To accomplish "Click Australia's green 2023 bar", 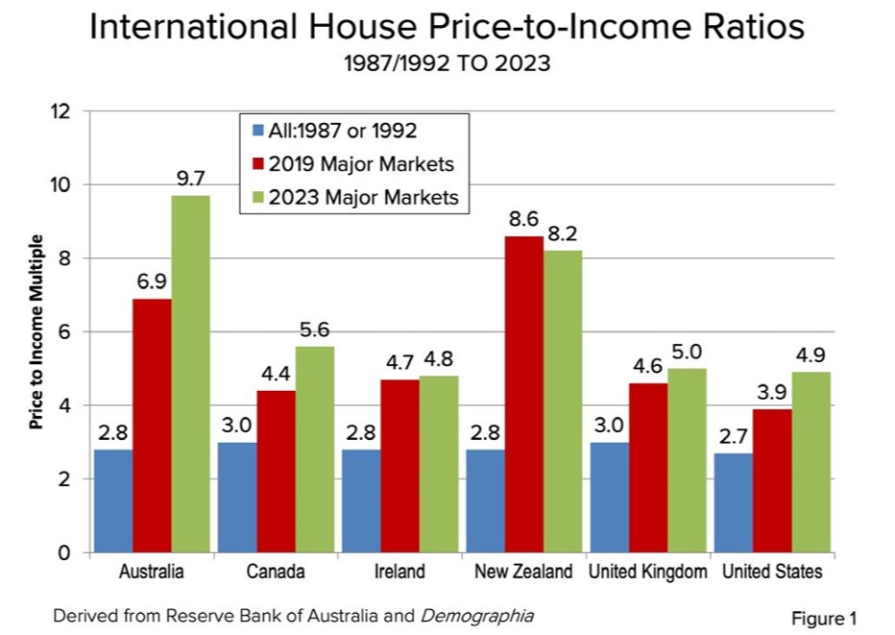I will tap(191, 375).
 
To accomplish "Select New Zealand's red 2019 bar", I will tap(522, 395).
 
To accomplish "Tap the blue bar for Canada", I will tap(236, 498).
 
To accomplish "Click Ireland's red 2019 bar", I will tap(399, 466).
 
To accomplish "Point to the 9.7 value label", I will tap(191, 179).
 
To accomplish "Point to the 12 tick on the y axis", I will tap(63, 111).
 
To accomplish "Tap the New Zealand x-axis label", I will tap(523, 573).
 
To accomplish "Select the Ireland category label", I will tap(399, 573).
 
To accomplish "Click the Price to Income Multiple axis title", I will tap(36, 331).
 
